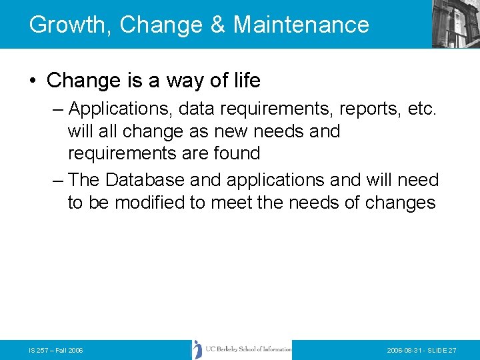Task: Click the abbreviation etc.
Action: click(423, 108)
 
